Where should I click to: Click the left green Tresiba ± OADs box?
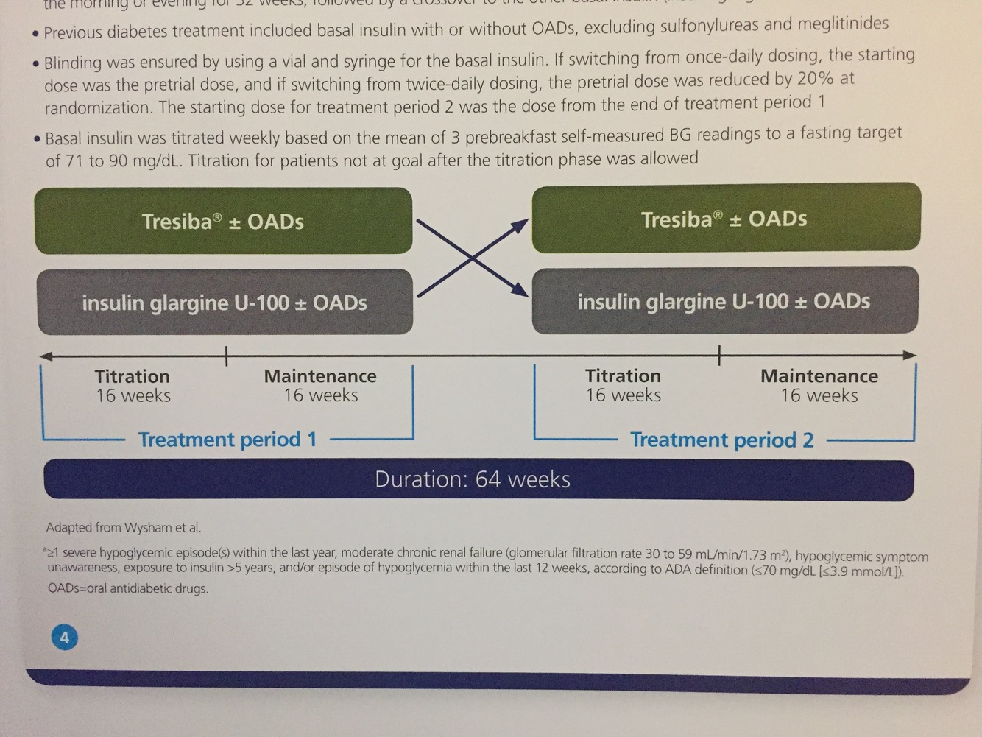coord(223,221)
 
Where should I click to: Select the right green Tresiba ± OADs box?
coord(725,219)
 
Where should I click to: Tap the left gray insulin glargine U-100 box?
coord(225,302)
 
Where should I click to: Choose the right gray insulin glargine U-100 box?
coord(724,300)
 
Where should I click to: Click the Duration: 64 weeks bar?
coord(478,479)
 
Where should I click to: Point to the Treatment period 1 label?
coord(227,440)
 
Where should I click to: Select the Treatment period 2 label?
coord(721,440)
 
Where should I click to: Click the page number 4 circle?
coord(64,637)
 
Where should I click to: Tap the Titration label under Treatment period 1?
coord(132,376)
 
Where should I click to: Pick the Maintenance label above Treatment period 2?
coord(819,376)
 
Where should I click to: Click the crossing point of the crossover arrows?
coord(472,257)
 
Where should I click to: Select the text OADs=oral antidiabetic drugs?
coord(127,588)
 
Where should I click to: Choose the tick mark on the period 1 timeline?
coord(226,356)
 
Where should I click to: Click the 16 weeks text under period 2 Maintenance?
coord(819,396)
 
